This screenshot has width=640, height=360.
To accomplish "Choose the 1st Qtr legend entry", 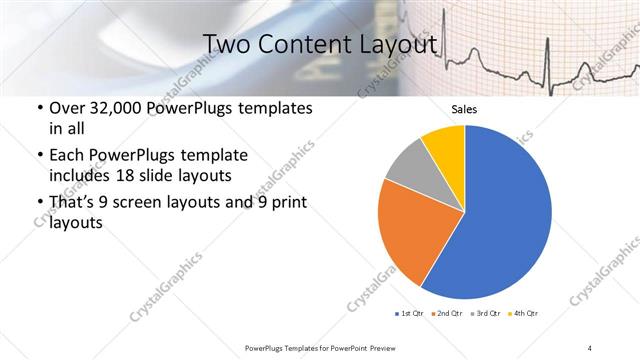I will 411,314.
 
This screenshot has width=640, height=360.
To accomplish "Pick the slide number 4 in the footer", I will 590,347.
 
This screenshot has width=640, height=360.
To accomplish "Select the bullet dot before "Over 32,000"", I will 39,108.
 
